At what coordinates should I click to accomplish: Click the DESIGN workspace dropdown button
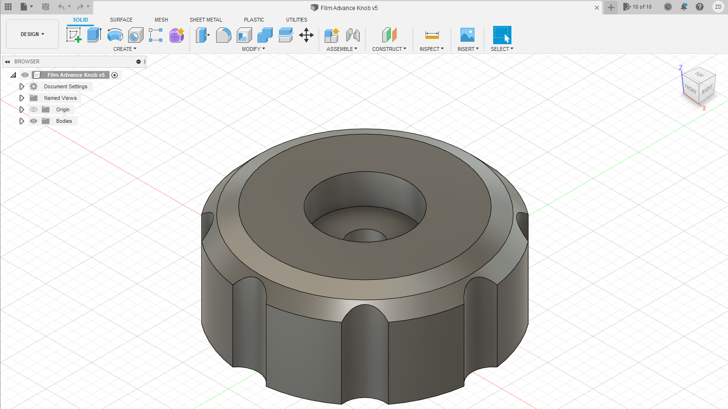[x=32, y=34]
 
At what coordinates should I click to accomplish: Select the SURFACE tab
[x=121, y=20]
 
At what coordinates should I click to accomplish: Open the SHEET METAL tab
[x=206, y=20]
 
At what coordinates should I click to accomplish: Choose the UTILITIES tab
[x=296, y=20]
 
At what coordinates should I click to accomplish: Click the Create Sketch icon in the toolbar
[x=73, y=35]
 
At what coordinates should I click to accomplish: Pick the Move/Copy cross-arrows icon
[x=306, y=35]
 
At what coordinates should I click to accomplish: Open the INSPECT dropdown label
[x=431, y=49]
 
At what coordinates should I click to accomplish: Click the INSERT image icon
[x=467, y=35]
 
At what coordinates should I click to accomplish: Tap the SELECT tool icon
[x=502, y=35]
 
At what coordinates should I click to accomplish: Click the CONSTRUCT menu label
[x=389, y=49]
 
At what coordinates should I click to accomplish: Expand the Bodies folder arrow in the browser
[x=22, y=121]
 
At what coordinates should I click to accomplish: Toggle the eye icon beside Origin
[x=34, y=109]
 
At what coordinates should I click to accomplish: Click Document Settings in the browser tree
[x=65, y=86]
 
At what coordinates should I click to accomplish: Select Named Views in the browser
[x=60, y=98]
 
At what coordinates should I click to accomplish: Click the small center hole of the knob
[x=365, y=236]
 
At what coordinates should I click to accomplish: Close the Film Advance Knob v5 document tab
[x=597, y=8]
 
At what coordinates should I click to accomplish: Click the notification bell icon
[x=684, y=7]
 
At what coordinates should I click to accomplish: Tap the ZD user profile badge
[x=718, y=7]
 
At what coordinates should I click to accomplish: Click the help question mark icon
[x=700, y=7]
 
